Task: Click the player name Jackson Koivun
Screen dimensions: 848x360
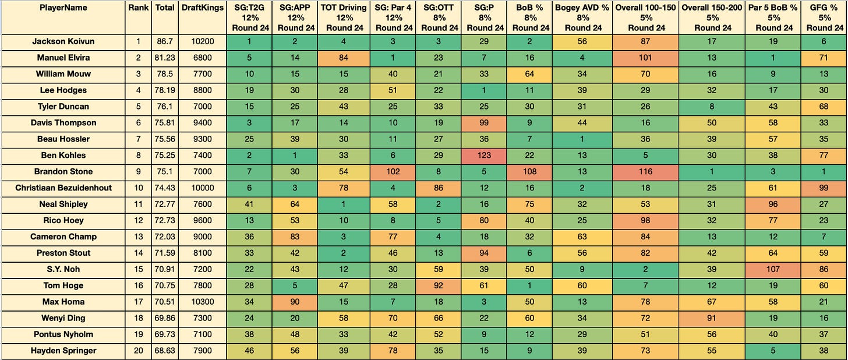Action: tap(63, 41)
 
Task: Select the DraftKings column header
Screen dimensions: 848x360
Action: tap(203, 8)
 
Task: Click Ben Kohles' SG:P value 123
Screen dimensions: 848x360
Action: tap(484, 155)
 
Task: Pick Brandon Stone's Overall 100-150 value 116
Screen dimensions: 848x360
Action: tap(645, 171)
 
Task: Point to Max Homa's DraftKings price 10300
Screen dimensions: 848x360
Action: tap(203, 302)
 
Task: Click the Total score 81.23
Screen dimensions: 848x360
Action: tap(165, 58)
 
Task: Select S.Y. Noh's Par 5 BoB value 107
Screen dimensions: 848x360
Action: tap(773, 269)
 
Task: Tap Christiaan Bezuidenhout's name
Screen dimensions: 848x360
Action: tap(63, 188)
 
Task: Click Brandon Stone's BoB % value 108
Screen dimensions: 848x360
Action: tap(529, 171)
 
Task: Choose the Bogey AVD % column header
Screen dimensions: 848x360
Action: tap(582, 18)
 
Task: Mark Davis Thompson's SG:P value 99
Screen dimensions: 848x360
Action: tap(484, 123)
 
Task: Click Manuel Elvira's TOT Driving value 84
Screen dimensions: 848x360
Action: tap(344, 58)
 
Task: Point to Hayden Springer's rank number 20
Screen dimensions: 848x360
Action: tap(138, 351)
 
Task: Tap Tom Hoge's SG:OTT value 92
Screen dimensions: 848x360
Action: tap(439, 285)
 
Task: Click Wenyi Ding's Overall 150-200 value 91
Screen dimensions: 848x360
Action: tap(712, 318)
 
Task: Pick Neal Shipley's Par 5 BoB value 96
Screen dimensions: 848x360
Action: tap(773, 204)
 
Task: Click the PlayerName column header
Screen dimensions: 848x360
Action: tap(63, 8)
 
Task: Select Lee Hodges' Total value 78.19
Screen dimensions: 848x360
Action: tap(165, 90)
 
